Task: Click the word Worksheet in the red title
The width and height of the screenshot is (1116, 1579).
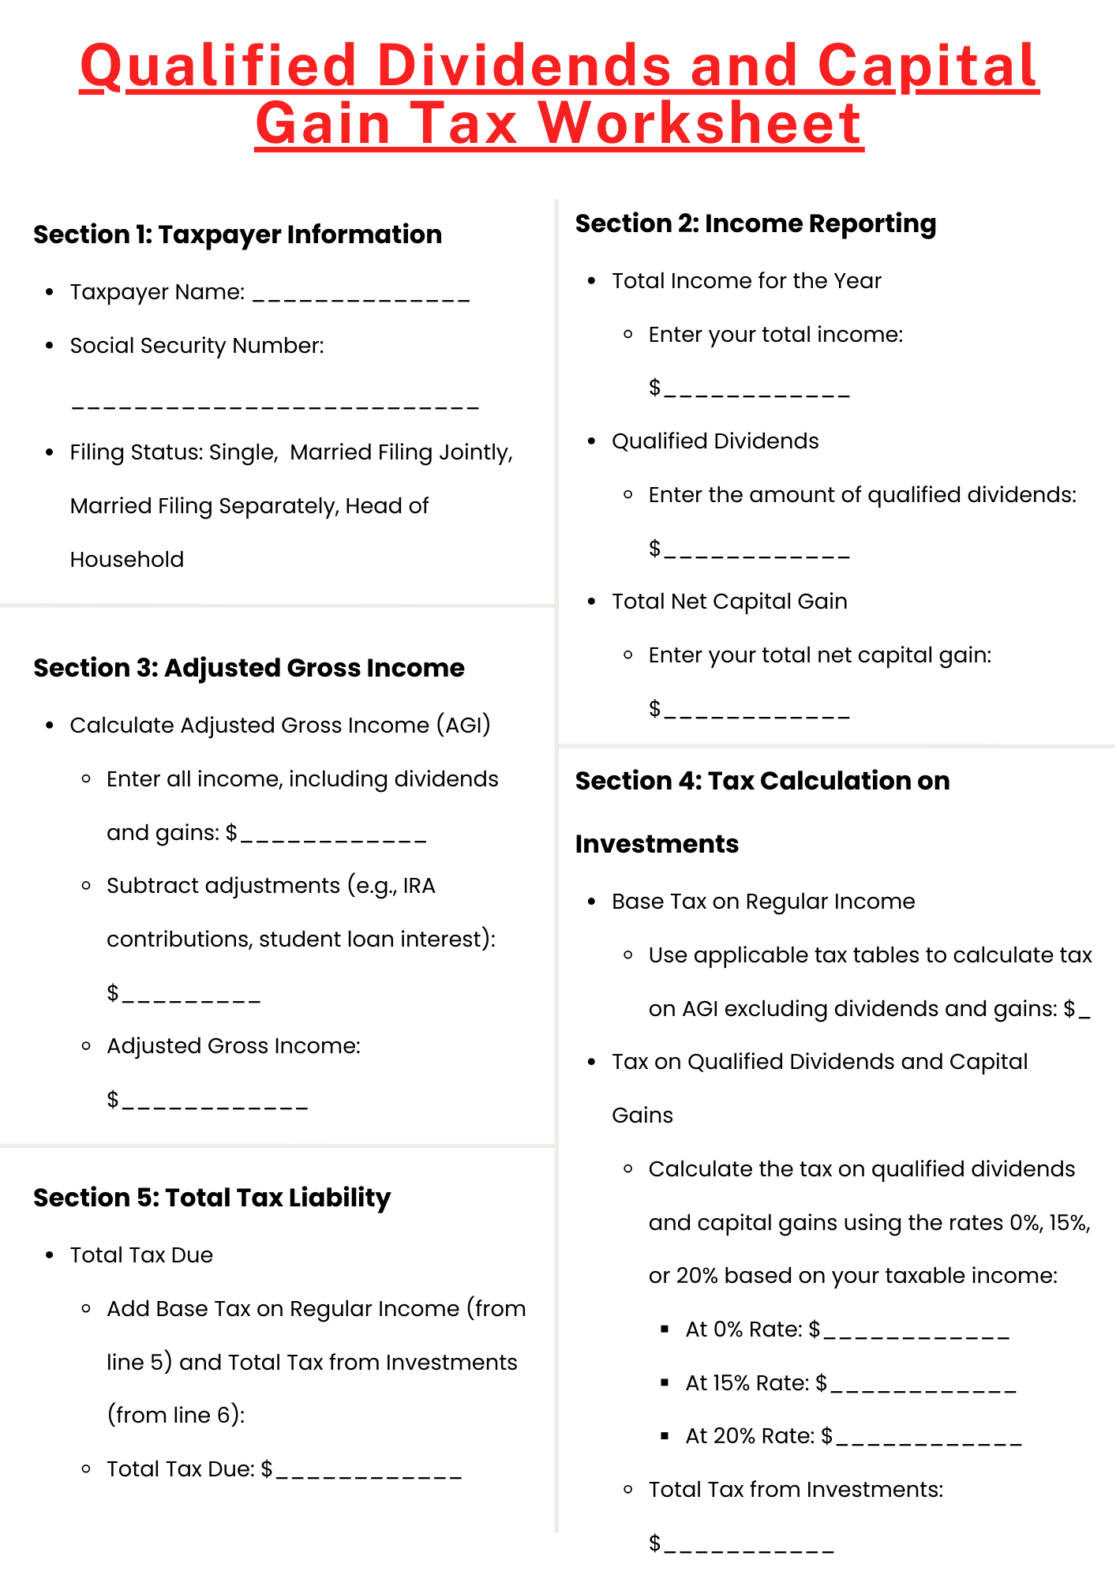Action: coord(702,124)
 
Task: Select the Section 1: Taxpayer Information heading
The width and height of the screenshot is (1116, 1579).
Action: coord(237,234)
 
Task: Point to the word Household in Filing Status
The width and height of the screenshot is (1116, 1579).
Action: coord(126,560)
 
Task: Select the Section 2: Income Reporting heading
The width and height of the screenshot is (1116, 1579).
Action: coord(755,223)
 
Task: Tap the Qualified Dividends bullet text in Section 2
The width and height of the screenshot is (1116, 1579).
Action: coord(715,441)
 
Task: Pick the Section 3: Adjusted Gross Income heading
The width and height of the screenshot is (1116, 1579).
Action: coord(249,668)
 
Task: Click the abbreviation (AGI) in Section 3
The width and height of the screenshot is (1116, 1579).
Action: coord(464,725)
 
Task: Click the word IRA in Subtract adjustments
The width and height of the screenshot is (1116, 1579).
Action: coord(419,886)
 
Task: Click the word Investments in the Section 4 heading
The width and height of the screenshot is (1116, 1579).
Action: coord(657,844)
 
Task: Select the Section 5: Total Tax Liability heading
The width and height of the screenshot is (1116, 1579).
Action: coord(212,1198)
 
